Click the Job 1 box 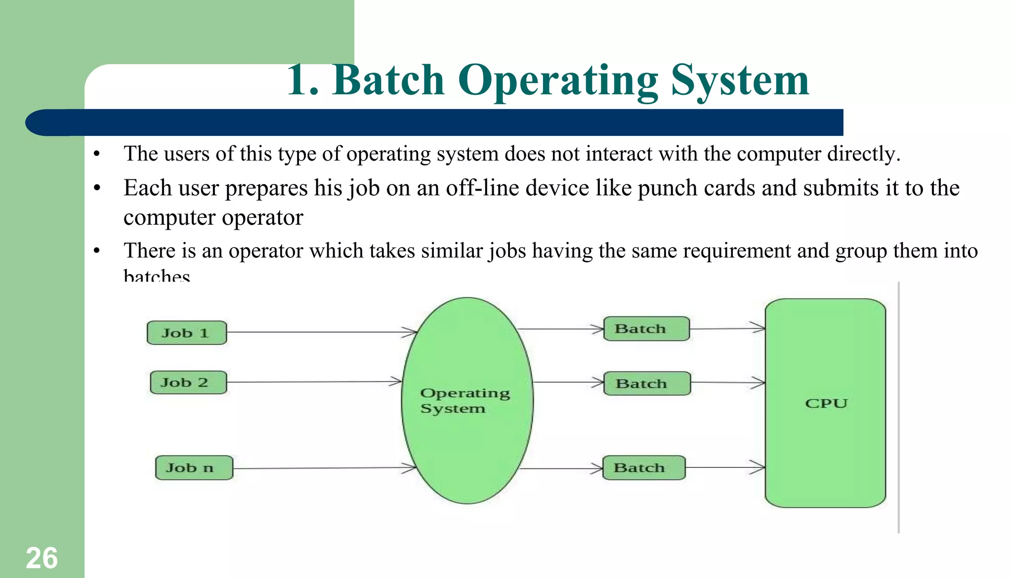pos(187,332)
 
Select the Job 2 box pos(188,382)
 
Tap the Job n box pos(194,467)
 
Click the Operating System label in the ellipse pos(464,401)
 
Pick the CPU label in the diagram pos(826,403)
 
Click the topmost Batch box pos(646,329)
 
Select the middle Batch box pos(647,383)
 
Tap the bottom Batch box pos(644,467)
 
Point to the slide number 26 pos(42,558)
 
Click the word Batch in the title pos(389,80)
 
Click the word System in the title pos(740,80)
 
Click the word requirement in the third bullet pos(737,250)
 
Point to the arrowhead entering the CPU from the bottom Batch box pos(759,467)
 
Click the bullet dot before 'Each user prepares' pos(97,188)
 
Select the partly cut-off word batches pos(157,275)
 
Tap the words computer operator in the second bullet pos(213,217)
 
